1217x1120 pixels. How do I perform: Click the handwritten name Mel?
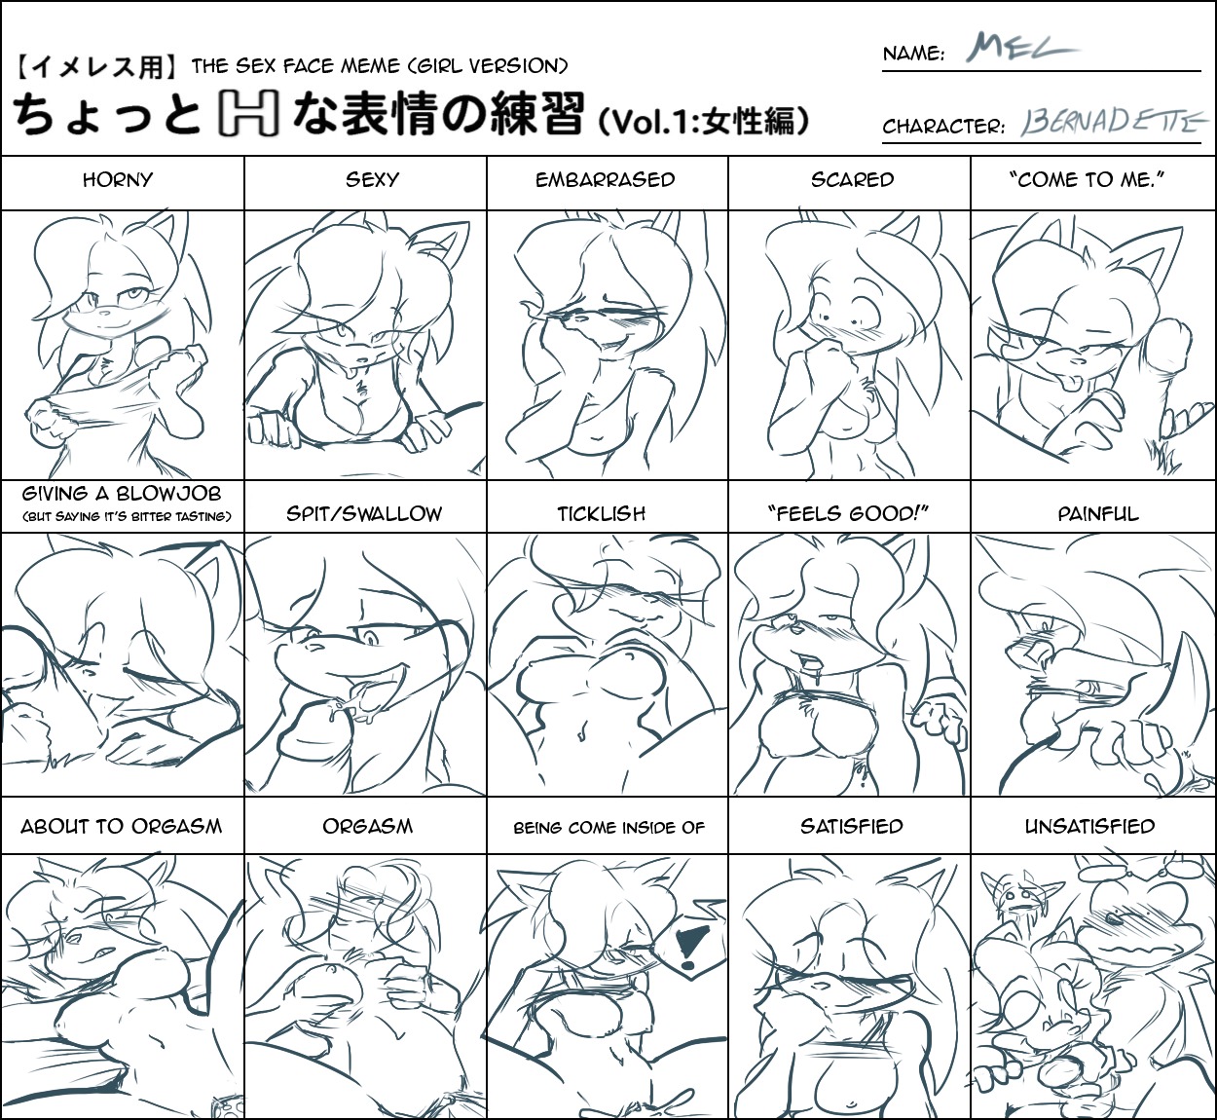(1022, 47)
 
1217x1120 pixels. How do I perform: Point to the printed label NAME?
(913, 54)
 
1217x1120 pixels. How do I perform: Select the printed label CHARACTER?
(943, 127)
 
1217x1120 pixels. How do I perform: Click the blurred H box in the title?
(248, 113)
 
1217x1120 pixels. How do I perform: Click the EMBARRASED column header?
(605, 179)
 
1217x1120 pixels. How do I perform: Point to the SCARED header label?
(852, 179)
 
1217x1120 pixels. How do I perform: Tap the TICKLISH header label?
(602, 514)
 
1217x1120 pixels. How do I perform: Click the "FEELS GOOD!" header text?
(848, 513)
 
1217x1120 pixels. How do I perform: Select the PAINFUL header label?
(1098, 514)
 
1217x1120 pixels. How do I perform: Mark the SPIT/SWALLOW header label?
(364, 514)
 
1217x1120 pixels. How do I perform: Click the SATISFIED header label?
(852, 826)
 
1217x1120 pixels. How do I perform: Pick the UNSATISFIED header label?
(1089, 826)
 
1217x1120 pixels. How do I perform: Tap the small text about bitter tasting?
(127, 516)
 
